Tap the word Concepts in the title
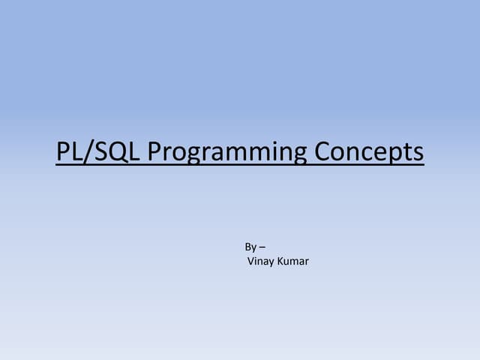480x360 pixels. tap(369, 152)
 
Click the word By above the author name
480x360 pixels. tap(250, 247)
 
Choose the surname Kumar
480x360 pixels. tap(293, 262)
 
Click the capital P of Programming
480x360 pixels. tap(154, 151)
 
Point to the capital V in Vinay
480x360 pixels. tap(250, 262)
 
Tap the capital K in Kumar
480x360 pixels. tap(280, 262)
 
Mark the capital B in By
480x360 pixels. tap(248, 247)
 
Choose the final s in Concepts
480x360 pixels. tap(418, 153)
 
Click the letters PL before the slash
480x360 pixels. tap(70, 151)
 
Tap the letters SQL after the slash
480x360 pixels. tap(115, 151)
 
